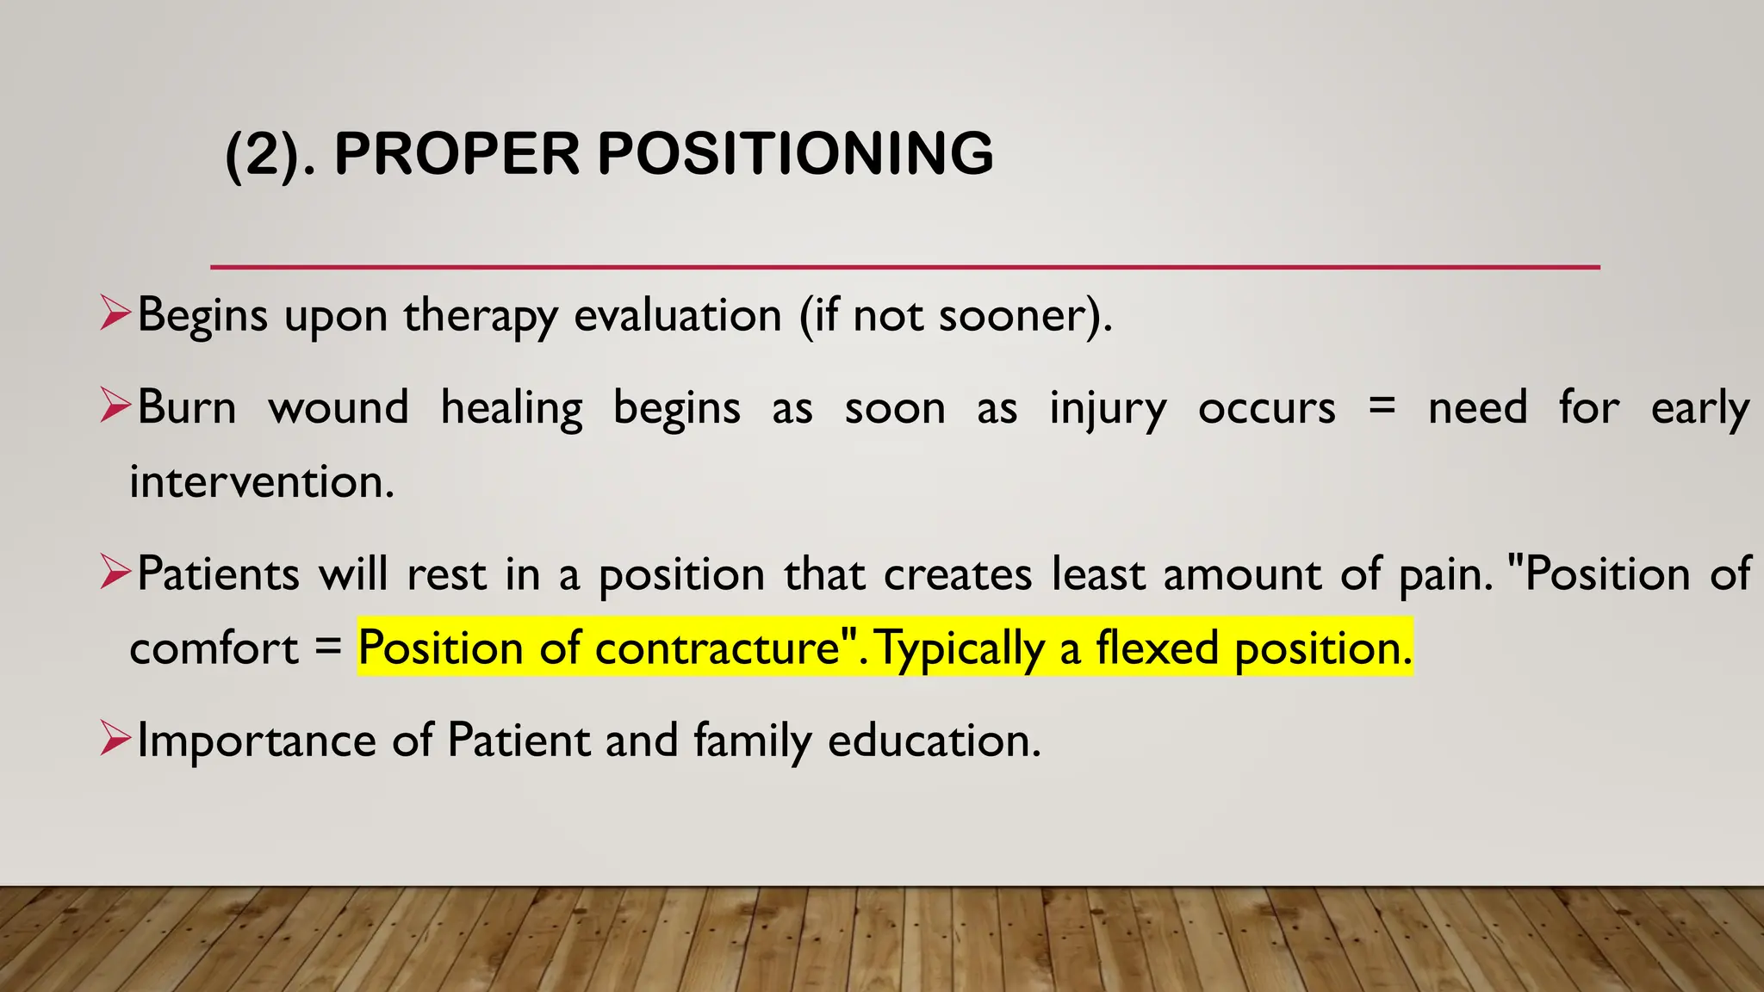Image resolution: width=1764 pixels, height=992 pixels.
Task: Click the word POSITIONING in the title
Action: tap(795, 154)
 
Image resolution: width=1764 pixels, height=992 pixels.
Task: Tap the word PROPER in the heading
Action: tap(457, 154)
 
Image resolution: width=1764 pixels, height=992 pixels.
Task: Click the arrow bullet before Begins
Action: tap(115, 313)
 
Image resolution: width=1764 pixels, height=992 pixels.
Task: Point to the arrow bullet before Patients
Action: tap(115, 572)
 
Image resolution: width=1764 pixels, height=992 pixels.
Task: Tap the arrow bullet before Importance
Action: tap(115, 738)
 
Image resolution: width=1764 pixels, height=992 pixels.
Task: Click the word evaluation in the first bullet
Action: tap(677, 315)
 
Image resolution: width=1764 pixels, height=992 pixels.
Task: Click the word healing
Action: tap(511, 407)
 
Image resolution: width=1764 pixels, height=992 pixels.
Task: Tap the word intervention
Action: tap(261, 481)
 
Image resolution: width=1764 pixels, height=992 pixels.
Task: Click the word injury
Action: tap(1107, 409)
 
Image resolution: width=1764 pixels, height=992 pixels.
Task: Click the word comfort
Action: tap(214, 648)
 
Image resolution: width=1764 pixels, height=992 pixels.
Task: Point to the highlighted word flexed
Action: tap(1157, 648)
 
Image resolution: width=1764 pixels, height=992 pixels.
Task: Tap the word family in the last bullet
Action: tap(752, 741)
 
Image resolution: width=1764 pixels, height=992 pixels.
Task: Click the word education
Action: tap(934, 741)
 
